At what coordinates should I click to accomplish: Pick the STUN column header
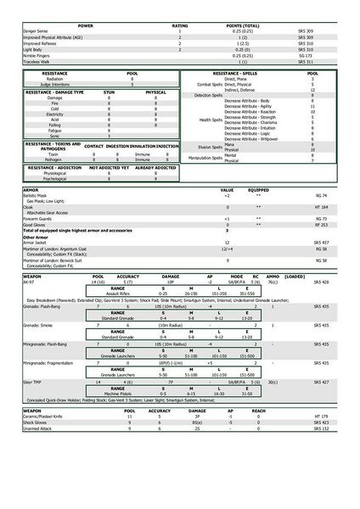tap(109, 92)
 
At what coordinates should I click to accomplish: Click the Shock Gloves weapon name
tap(32, 422)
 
